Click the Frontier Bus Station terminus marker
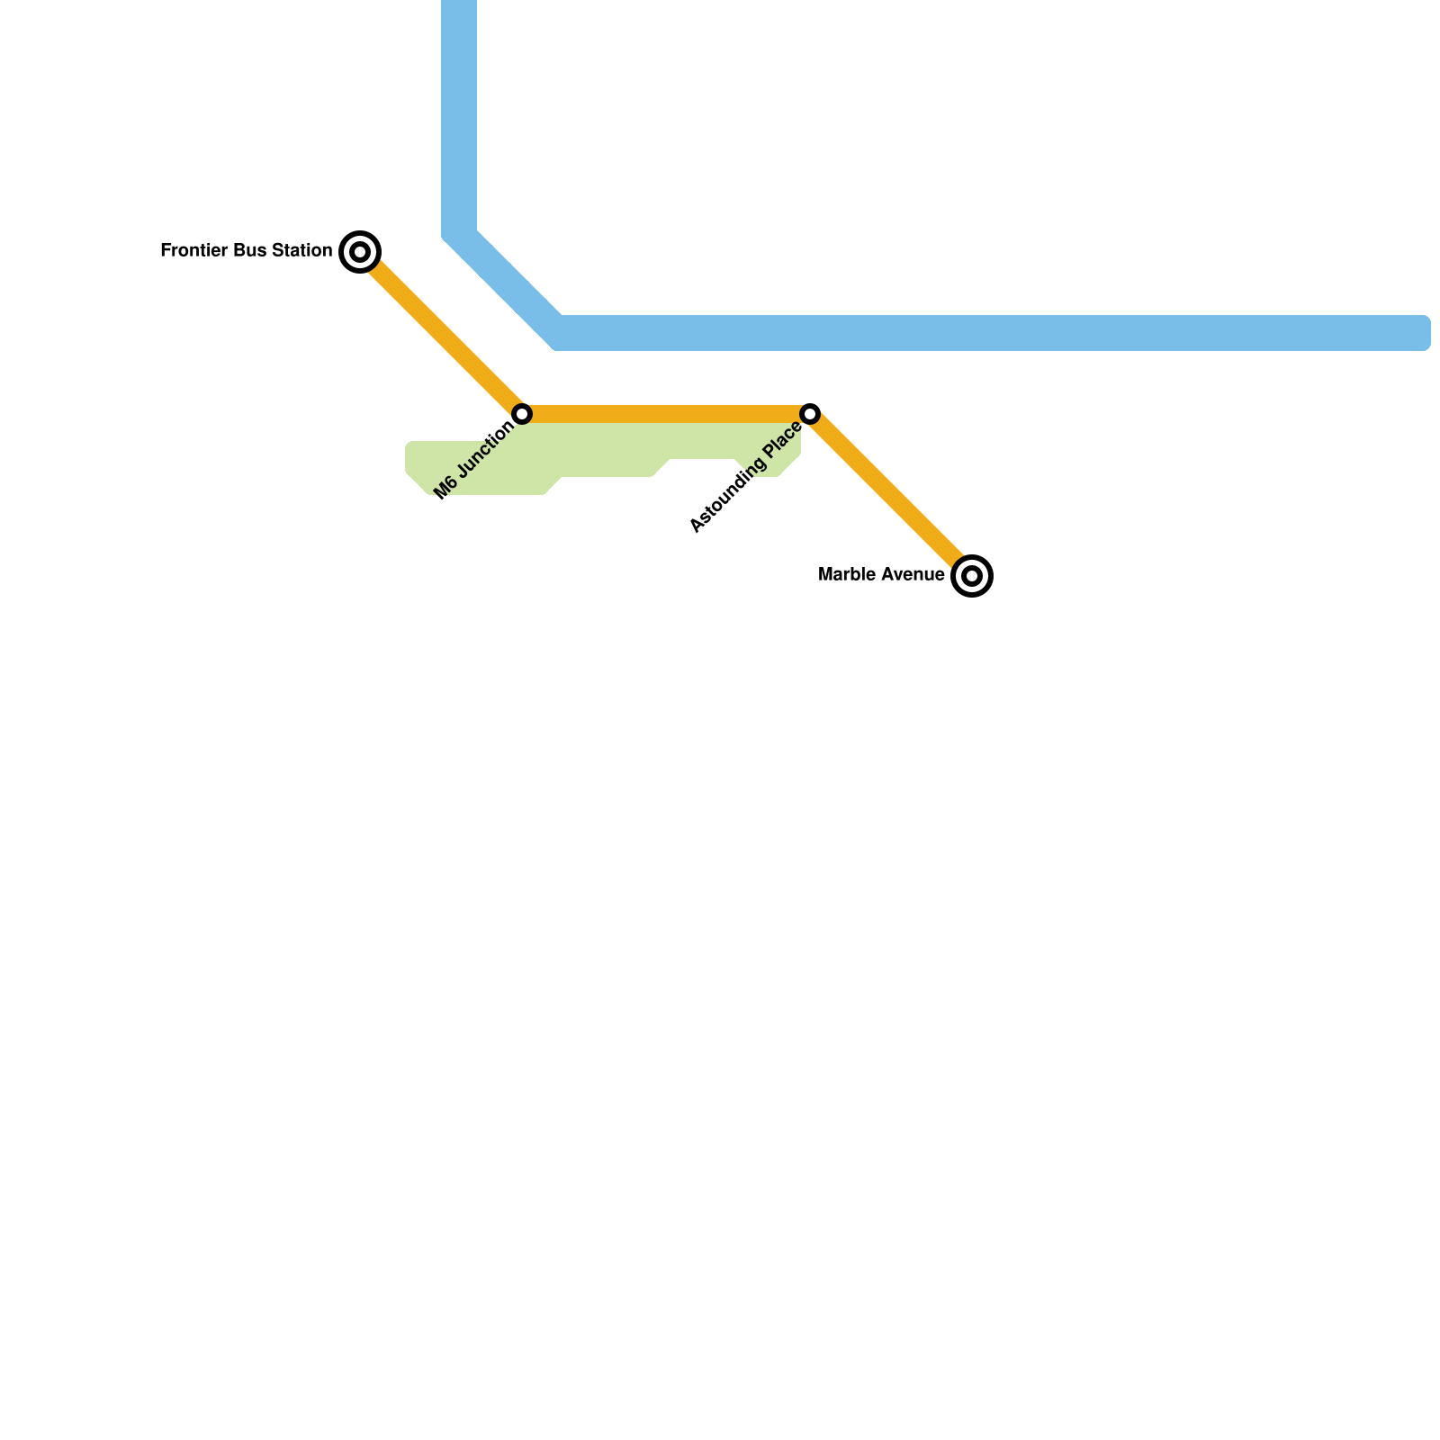coord(360,252)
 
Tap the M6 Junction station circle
coord(522,414)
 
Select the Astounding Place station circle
coord(810,414)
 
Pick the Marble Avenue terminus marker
coord(972,576)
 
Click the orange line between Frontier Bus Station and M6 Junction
coord(441,333)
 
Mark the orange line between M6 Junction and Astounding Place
coord(666,414)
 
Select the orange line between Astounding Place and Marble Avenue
coord(891,495)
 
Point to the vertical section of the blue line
coord(459,117)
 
